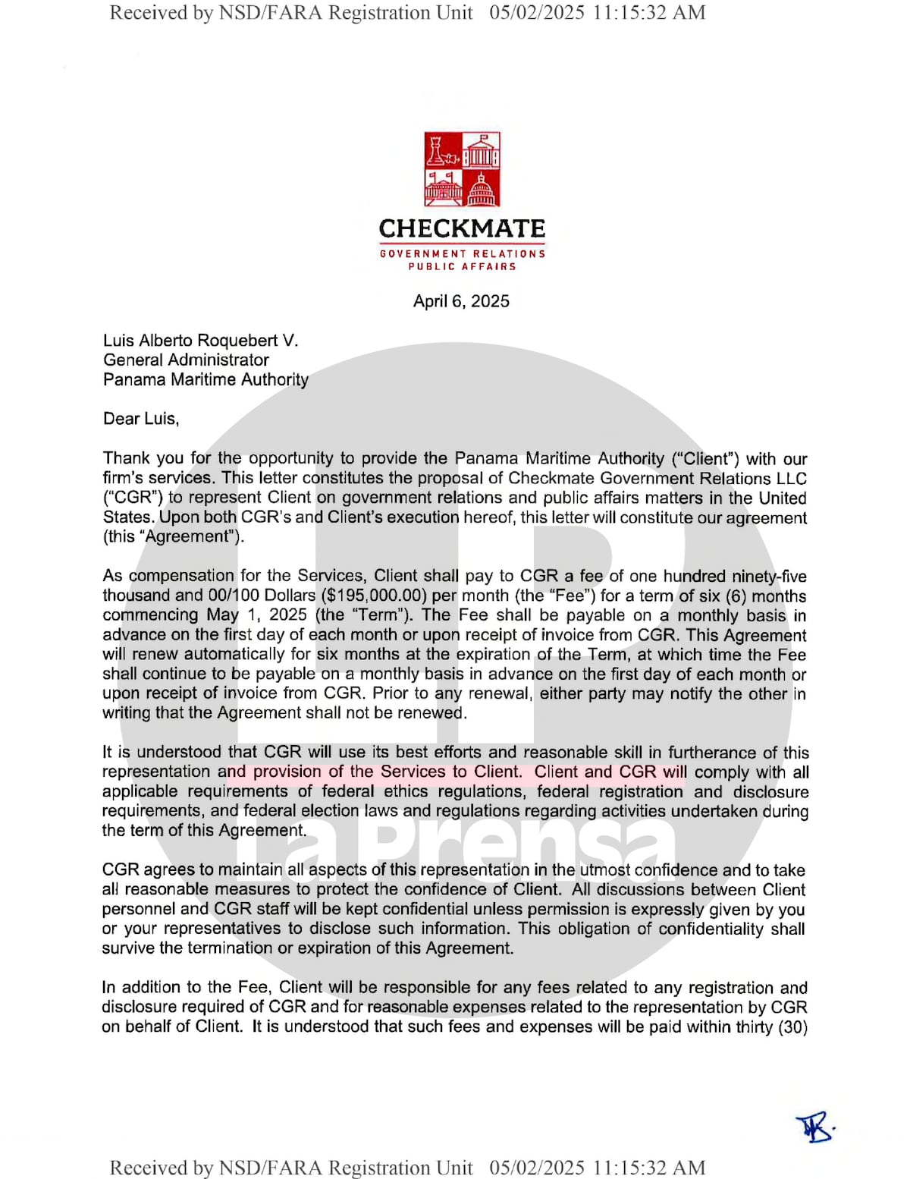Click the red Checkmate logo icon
click(462, 169)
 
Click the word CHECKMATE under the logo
click(462, 228)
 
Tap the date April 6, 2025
click(461, 301)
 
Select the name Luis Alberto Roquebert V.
click(201, 341)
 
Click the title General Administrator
click(186, 360)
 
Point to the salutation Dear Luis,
click(141, 419)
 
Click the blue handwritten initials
click(814, 1129)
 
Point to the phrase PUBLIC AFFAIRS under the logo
click(462, 267)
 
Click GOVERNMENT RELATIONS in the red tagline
click(462, 253)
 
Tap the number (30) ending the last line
click(792, 1027)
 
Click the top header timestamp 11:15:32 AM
click(649, 13)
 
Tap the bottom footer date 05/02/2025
click(537, 1168)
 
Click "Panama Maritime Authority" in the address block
click(206, 380)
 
